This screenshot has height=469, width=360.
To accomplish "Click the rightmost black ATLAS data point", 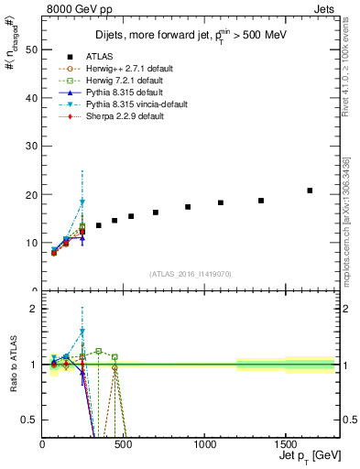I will point(310,191).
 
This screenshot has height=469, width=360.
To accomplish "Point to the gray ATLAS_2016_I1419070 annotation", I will point(191,274).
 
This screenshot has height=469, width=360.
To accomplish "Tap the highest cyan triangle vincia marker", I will point(82,202).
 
